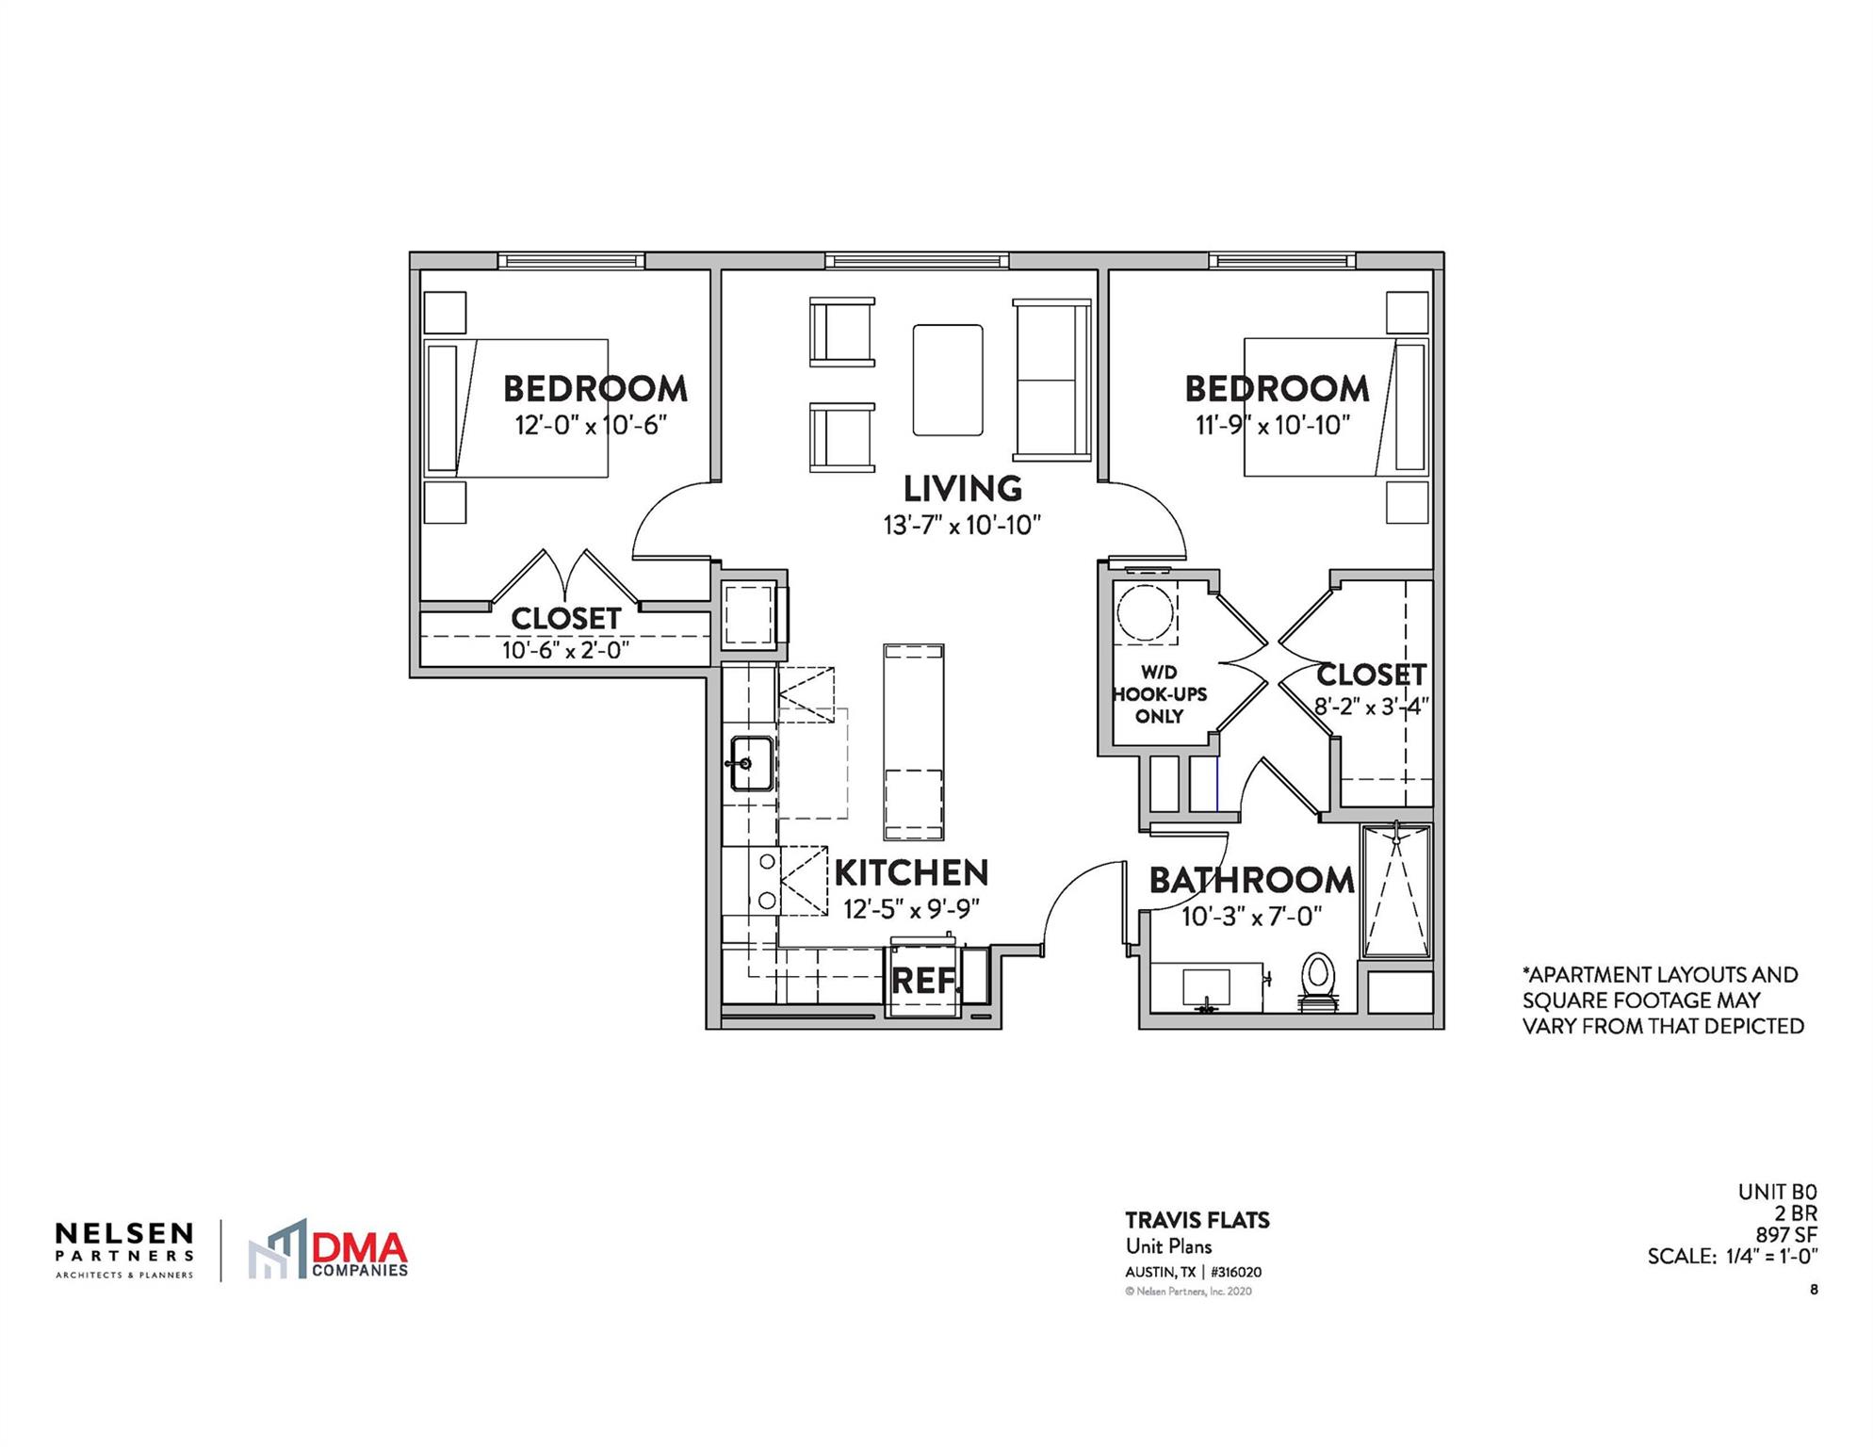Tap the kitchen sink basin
point(753,762)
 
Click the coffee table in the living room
point(948,380)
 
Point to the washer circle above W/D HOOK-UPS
point(1145,612)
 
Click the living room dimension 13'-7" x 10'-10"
point(962,525)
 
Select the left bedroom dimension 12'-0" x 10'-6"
point(591,425)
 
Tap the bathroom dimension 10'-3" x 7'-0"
point(1252,916)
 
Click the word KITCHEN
point(911,873)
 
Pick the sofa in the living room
point(1051,380)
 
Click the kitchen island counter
point(913,741)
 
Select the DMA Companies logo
point(328,1250)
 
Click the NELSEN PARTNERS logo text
point(124,1241)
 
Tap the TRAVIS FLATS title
point(1197,1220)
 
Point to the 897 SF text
point(1785,1234)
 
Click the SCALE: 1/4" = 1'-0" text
point(1732,1256)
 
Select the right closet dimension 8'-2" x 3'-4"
point(1371,706)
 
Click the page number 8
point(1814,1290)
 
